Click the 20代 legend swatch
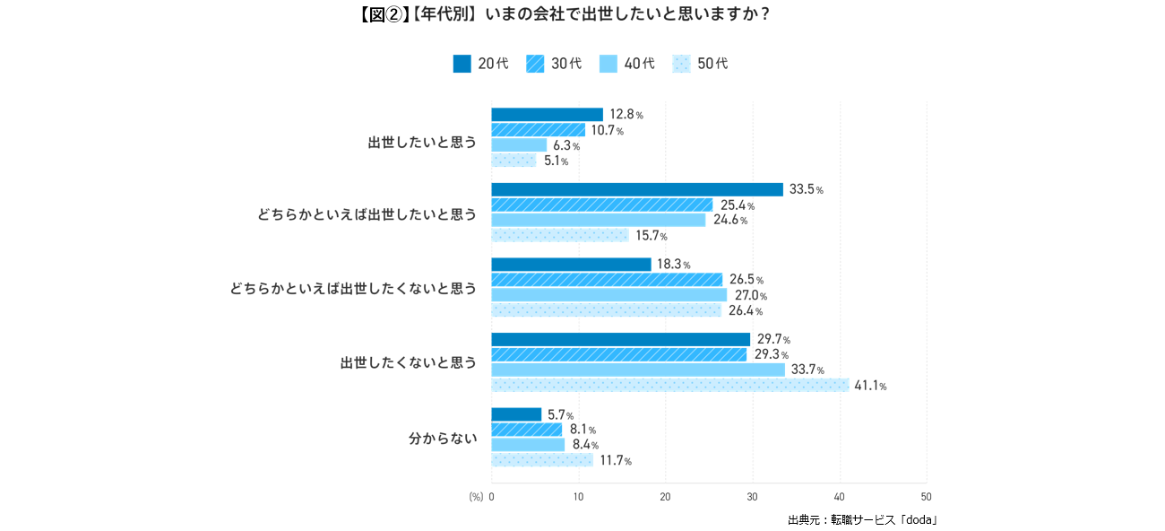pyautogui.click(x=462, y=64)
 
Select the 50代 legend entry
pyautogui.click(x=700, y=64)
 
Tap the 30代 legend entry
pyautogui.click(x=554, y=64)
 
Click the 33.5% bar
pyautogui.click(x=636, y=189)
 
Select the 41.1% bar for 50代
pyautogui.click(x=669, y=385)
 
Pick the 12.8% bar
pyautogui.click(x=547, y=114)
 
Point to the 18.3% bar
pyautogui.click(x=571, y=265)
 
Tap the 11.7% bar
pyautogui.click(x=541, y=460)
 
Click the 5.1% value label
pyautogui.click(x=556, y=161)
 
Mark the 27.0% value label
pyautogui.click(x=751, y=296)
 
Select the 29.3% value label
pyautogui.click(x=771, y=355)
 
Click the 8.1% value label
pyautogui.click(x=582, y=430)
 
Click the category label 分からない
pyautogui.click(x=443, y=439)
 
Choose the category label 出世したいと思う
pyautogui.click(x=422, y=143)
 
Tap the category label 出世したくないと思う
pyautogui.click(x=409, y=363)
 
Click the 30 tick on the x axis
pyautogui.click(x=752, y=497)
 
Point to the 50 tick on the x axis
pyautogui.click(x=926, y=497)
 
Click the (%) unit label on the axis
pyautogui.click(x=475, y=497)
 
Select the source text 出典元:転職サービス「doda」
pyautogui.click(x=862, y=519)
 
